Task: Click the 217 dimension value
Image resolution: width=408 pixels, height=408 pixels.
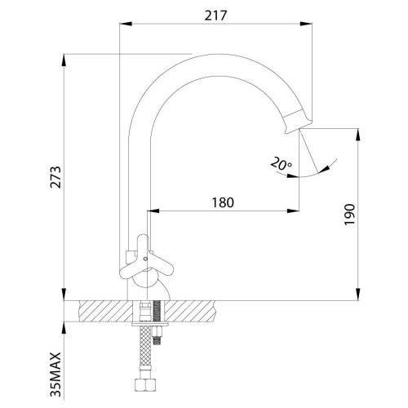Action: point(215,16)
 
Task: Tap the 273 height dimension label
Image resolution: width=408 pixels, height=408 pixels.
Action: point(56,177)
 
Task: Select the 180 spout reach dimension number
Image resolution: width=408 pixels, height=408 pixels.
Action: point(223,202)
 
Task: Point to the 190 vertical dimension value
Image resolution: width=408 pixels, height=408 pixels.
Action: point(349,215)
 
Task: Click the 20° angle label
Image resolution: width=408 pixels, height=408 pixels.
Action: point(281,163)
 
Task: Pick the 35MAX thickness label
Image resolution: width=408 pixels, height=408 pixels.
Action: point(55,375)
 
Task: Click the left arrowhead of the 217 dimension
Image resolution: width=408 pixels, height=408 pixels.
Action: point(126,24)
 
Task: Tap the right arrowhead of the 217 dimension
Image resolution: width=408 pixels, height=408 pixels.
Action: point(306,24)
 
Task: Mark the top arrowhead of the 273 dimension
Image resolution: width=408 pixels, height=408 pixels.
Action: point(64,60)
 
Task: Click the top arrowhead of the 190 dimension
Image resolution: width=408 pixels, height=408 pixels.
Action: point(359,135)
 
